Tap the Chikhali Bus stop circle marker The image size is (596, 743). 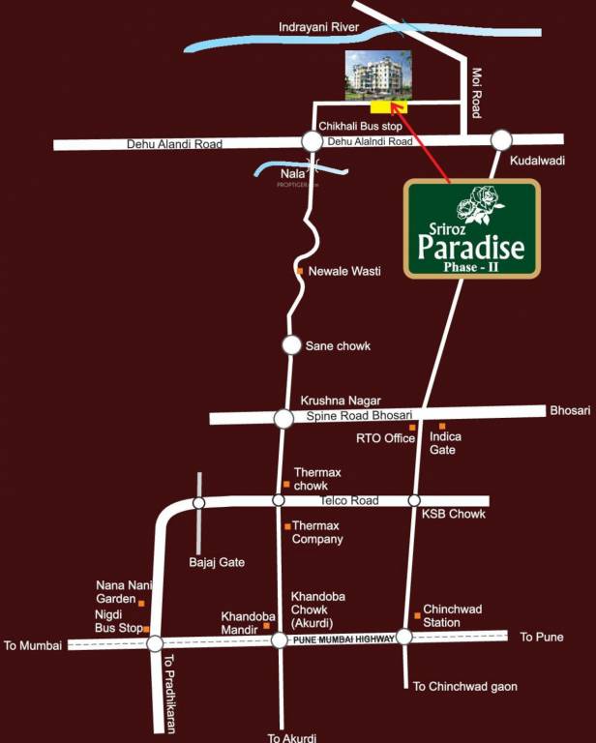point(312,141)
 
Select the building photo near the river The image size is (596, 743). point(378,74)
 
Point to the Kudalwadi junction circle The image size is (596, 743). point(501,140)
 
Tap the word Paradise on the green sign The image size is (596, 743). point(471,248)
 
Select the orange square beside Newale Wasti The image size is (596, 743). point(300,271)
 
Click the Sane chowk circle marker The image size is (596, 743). point(291,344)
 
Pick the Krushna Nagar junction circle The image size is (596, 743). point(283,418)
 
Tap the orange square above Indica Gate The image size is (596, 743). point(442,426)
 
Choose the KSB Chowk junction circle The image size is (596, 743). point(414,500)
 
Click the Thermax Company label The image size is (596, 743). point(317,532)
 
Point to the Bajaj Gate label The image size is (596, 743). point(217,562)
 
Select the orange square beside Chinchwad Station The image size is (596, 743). point(417,615)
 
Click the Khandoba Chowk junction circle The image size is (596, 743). point(279,639)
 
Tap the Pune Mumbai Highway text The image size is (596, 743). point(344,639)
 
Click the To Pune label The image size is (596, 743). point(542,637)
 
